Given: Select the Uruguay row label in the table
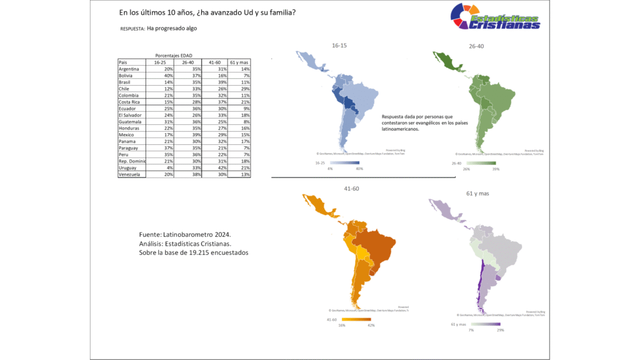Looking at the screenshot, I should coord(128,168).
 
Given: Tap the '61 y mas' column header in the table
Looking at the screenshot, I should coord(240,62).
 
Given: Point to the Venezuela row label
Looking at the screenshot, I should coord(132,175).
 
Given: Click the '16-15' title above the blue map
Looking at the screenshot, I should coord(340,45).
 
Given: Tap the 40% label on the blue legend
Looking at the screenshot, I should coord(359,168).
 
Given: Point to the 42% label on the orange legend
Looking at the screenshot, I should coord(371,325).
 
